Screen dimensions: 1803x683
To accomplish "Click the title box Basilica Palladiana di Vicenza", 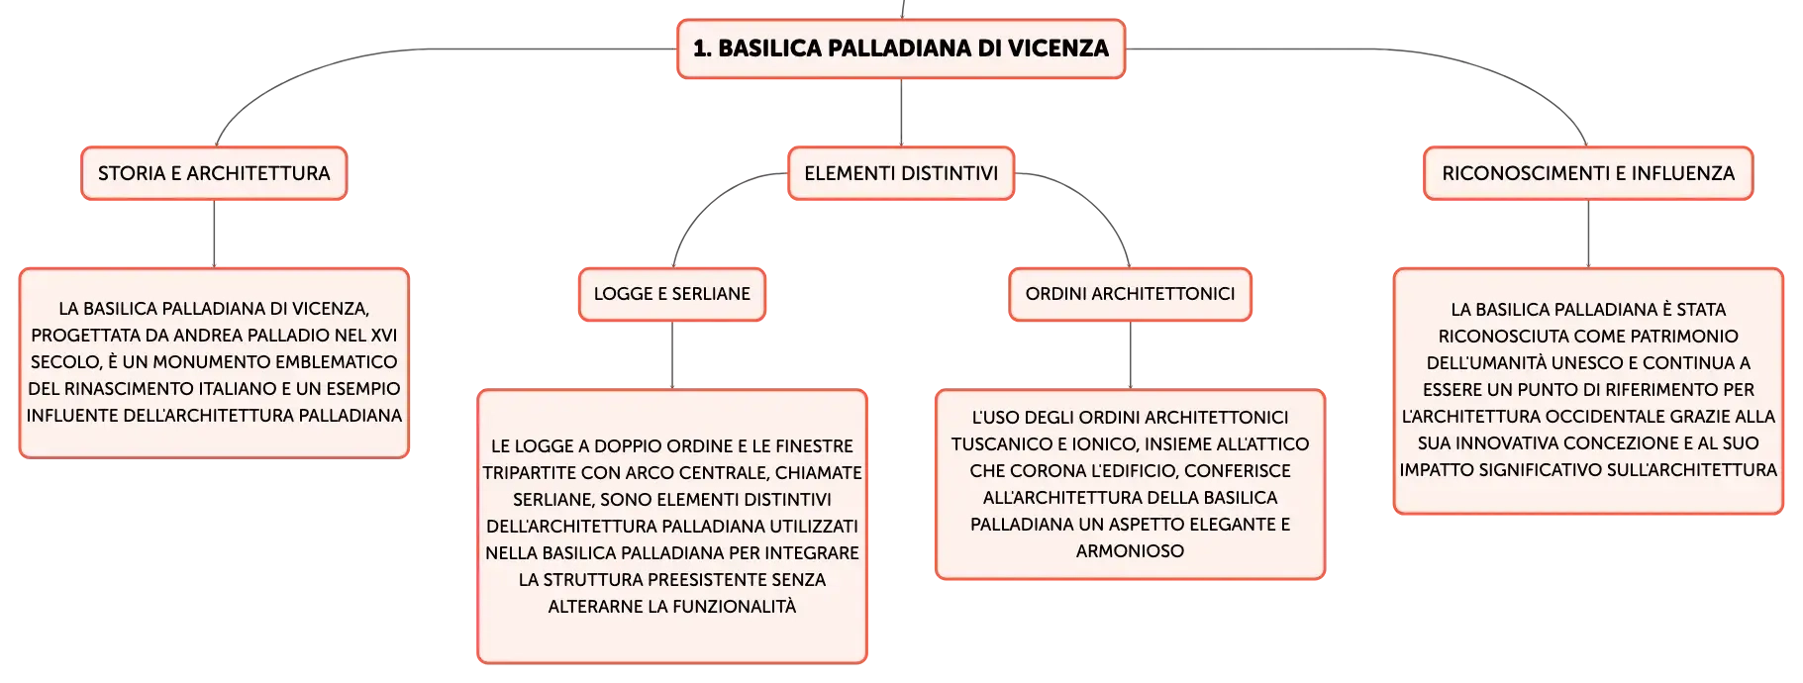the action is tap(901, 49).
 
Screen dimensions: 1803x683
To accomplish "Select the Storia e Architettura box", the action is tap(214, 173).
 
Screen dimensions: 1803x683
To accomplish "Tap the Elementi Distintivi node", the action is tap(901, 173).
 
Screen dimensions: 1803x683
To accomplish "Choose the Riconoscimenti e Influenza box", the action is tap(1588, 173).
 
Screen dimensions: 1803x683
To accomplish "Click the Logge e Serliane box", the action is tap(672, 294).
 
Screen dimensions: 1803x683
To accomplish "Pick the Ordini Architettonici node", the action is tap(1130, 294).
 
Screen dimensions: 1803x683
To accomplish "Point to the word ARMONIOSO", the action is tap(1130, 551).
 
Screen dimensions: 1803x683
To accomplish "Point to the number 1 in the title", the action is tap(699, 49).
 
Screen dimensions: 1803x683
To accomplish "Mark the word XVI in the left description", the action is tap(382, 336).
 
